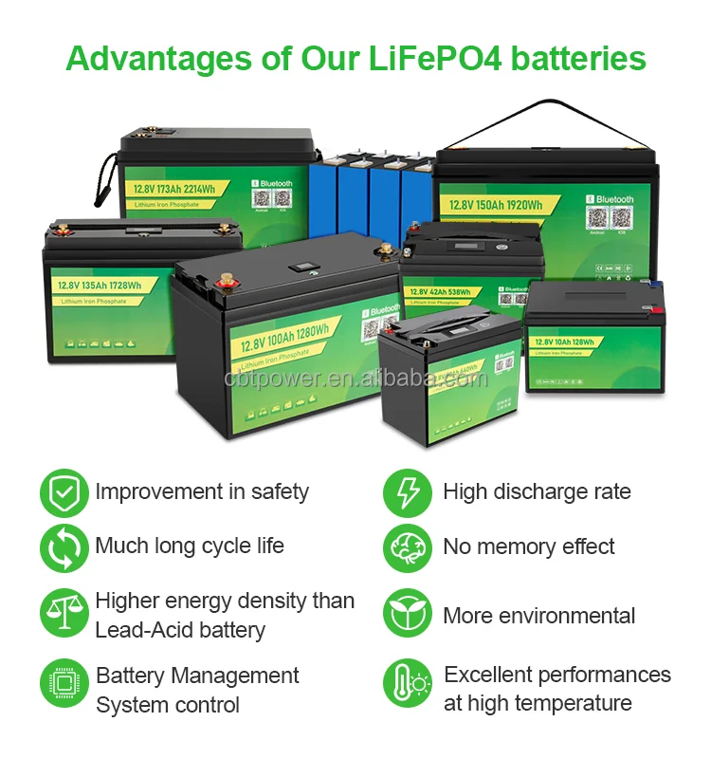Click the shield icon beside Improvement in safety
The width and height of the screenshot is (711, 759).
(x=64, y=493)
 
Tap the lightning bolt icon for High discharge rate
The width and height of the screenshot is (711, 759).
(x=407, y=493)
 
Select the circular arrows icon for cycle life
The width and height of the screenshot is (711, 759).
(x=64, y=547)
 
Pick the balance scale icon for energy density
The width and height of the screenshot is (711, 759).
(x=64, y=614)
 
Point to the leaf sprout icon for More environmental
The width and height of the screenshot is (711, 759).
(x=407, y=614)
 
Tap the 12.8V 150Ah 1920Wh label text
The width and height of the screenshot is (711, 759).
(x=497, y=206)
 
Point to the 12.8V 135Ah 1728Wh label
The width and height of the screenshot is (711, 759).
(x=99, y=285)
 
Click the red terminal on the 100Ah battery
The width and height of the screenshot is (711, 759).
(x=228, y=282)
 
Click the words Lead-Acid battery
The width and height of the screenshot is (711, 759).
(x=180, y=629)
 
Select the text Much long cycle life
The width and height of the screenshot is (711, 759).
(x=190, y=546)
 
